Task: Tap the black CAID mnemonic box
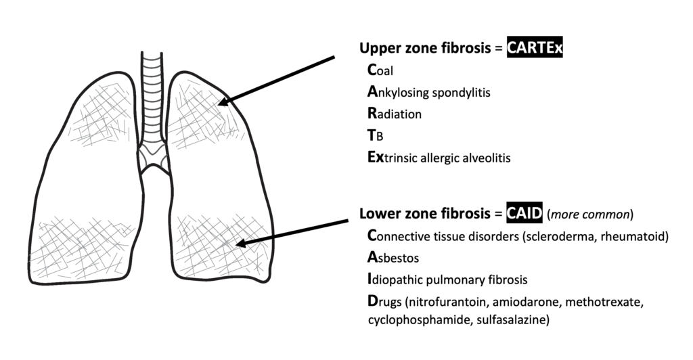[x=524, y=214]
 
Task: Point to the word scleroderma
[x=566, y=235]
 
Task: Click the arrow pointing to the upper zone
[x=277, y=81]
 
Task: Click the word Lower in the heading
[x=376, y=214]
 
